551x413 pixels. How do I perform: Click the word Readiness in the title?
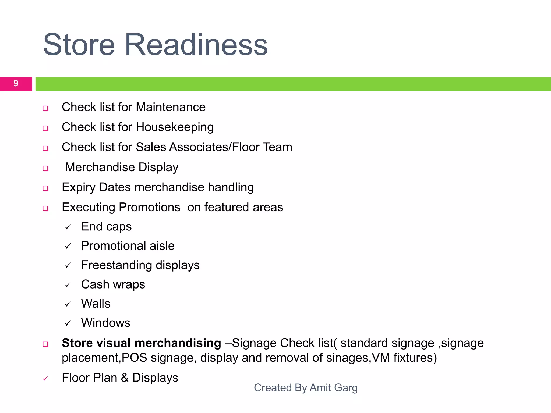(x=196, y=45)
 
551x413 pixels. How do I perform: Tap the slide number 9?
(x=16, y=83)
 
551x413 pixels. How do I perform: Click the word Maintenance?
(x=171, y=107)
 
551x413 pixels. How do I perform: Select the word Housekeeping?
(x=175, y=127)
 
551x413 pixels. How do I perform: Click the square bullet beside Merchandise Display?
(x=46, y=169)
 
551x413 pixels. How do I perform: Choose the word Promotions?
(x=149, y=207)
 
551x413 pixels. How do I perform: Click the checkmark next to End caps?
(x=68, y=227)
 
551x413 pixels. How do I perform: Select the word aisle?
(x=162, y=246)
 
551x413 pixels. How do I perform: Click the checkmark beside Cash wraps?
(x=68, y=285)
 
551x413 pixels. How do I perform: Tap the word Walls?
(x=96, y=304)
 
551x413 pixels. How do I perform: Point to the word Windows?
(x=106, y=323)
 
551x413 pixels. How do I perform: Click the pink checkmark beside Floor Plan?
(x=45, y=379)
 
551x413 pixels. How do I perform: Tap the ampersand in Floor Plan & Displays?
(x=125, y=378)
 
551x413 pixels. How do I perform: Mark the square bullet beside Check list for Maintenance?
(x=46, y=108)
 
